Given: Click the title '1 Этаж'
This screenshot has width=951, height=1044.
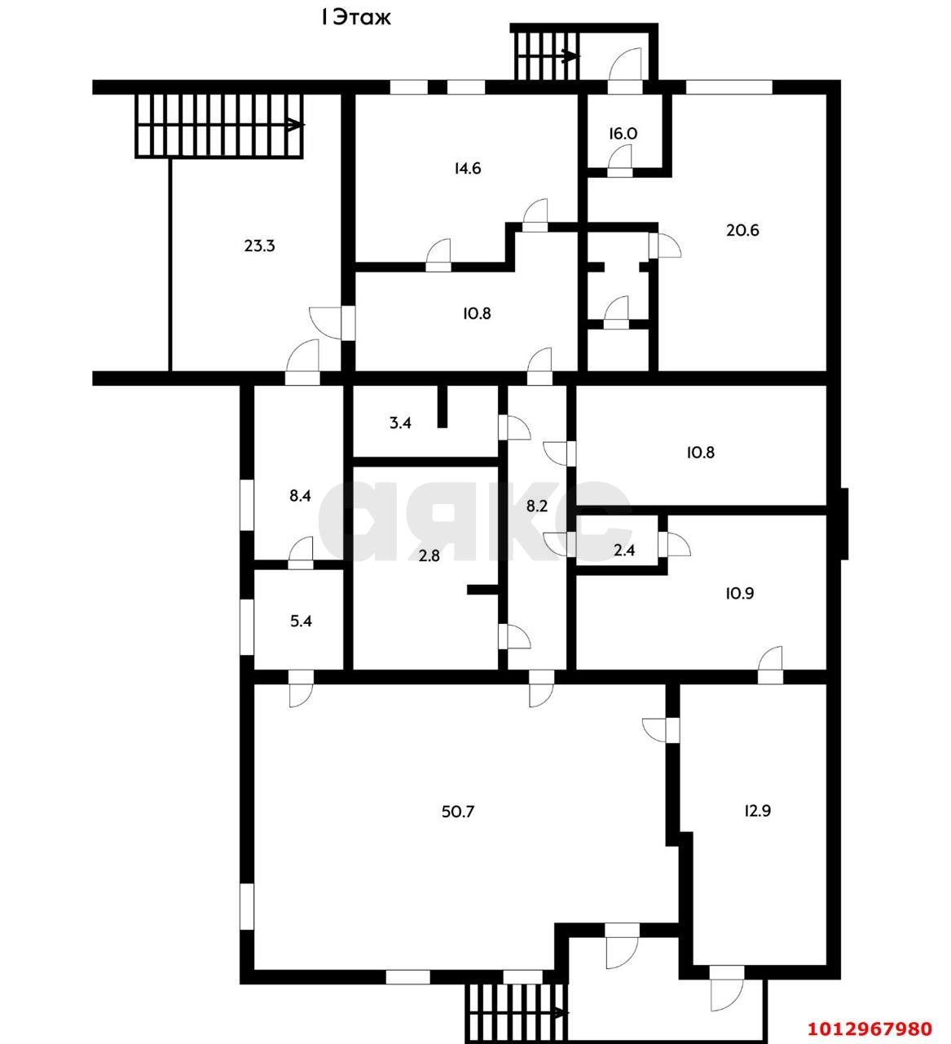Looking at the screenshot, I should [x=355, y=17].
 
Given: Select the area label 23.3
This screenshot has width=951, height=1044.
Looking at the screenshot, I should [x=259, y=245].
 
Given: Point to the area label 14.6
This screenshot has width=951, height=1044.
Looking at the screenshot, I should [x=467, y=169].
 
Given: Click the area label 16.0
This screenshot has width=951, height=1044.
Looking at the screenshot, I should [x=622, y=133].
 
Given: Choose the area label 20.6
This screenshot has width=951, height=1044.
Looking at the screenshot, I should [x=742, y=230].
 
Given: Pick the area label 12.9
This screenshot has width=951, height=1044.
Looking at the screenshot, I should [x=757, y=811].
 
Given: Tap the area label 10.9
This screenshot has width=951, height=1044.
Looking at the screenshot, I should [x=738, y=593].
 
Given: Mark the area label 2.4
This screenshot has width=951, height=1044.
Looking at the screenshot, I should [x=624, y=551].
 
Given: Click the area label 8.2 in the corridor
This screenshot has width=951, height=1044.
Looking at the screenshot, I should [x=536, y=506].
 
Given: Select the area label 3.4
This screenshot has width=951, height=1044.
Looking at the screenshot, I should [x=399, y=423].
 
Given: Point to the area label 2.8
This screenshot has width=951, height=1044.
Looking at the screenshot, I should [x=429, y=556].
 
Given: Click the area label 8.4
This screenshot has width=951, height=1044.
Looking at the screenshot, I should [x=301, y=495].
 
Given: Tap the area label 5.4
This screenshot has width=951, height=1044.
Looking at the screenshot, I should [x=301, y=621].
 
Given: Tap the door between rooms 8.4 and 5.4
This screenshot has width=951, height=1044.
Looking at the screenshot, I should [x=301, y=555].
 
